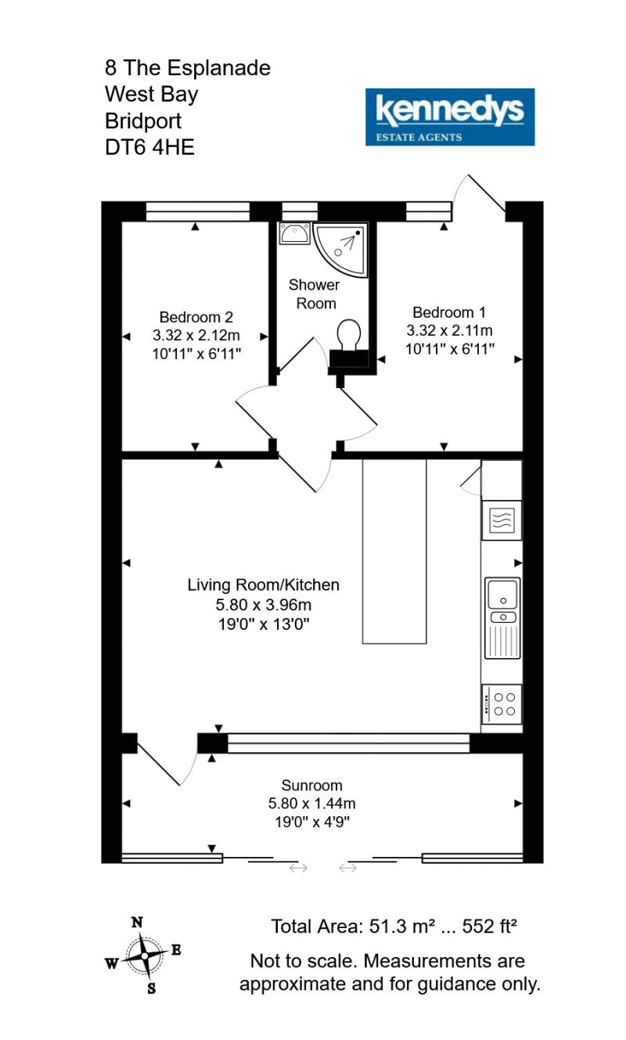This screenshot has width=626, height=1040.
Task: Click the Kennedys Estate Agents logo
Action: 449,117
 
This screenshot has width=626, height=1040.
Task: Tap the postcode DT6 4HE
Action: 149,148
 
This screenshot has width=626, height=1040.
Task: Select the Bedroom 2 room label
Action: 196,317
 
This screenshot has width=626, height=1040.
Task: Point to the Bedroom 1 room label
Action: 449,312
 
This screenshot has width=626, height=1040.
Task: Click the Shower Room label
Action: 315,294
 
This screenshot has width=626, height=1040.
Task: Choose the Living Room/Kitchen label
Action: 263,585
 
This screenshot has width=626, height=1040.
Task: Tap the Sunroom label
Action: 311,785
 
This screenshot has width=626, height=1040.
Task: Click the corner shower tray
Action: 341,250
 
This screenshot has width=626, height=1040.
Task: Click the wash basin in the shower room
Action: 294,233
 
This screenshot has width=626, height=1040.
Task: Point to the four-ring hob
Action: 502,704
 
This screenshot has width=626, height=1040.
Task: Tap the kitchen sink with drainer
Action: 502,618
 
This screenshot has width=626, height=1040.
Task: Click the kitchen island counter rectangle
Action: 394,551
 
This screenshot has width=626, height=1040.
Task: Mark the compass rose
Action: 144,956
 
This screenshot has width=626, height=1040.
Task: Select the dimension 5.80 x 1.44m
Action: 311,803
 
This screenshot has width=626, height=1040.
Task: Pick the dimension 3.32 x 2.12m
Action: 196,335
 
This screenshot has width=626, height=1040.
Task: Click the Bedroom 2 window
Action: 198,211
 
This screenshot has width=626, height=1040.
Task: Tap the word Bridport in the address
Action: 143,121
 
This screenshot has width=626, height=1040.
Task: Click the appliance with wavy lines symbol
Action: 502,520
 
